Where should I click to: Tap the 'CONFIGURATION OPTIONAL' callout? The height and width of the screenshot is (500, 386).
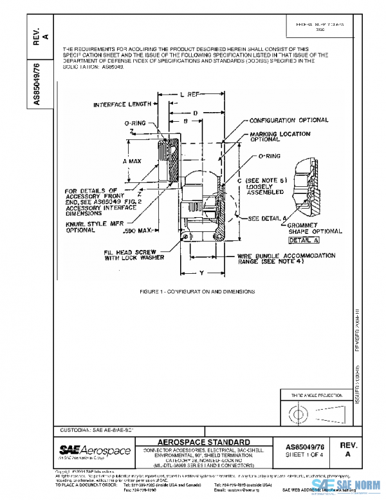click(288, 120)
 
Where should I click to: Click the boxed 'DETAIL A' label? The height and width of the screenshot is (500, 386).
click(303, 240)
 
